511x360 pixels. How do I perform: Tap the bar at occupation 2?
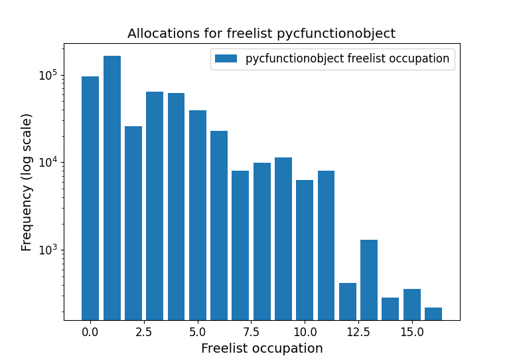pos(133,223)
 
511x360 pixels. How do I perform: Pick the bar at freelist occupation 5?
pos(198,215)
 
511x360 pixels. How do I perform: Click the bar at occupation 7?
pos(240,245)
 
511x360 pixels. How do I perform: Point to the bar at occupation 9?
pos(283,238)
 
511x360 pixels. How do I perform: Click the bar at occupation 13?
pos(369,280)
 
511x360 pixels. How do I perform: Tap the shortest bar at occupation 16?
pos(433,314)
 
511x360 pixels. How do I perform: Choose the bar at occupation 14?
pos(390,308)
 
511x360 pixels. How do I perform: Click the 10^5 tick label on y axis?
pos(47,74)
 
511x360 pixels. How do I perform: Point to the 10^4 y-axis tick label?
pos(47,162)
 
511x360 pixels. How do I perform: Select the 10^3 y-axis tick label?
pos(47,250)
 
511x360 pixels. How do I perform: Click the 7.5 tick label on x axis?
pos(240,331)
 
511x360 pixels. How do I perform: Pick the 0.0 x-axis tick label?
pos(90,331)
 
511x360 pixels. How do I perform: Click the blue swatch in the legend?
pos(226,58)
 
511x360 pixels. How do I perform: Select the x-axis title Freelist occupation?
pos(261,348)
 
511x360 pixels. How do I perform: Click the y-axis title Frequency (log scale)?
pos(27,182)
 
